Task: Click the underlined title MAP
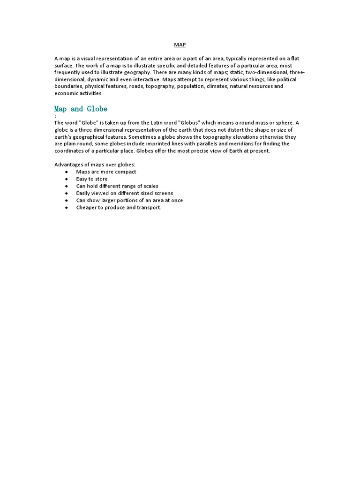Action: pyautogui.click(x=180, y=45)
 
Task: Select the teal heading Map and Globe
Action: pyautogui.click(x=81, y=109)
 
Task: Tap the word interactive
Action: pyautogui.click(x=140, y=79)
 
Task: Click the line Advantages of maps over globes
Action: pyautogui.click(x=95, y=165)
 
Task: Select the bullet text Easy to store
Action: pyautogui.click(x=92, y=179)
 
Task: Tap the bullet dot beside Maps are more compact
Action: pyautogui.click(x=67, y=172)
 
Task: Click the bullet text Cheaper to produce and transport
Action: pyautogui.click(x=119, y=207)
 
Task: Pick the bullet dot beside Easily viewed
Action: pyautogui.click(x=67, y=193)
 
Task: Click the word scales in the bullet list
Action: pyautogui.click(x=150, y=186)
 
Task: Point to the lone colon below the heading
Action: pyautogui.click(x=55, y=116)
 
